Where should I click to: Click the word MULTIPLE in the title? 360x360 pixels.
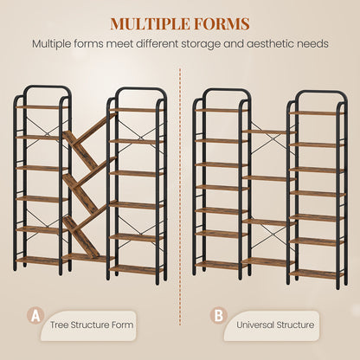(150, 23)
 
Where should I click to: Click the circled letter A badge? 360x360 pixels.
(35, 316)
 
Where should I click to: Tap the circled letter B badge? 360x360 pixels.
(219, 316)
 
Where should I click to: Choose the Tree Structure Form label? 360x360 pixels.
(92, 325)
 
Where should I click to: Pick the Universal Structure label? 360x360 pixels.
(275, 325)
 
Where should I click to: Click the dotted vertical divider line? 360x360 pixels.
(180, 196)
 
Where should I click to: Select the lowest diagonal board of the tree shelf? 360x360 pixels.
(80, 237)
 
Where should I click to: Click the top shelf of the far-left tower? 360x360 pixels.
(42, 107)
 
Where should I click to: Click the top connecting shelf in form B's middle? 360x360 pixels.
(269, 132)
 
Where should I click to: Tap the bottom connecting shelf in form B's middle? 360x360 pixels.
(269, 262)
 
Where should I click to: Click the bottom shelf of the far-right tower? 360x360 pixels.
(318, 274)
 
